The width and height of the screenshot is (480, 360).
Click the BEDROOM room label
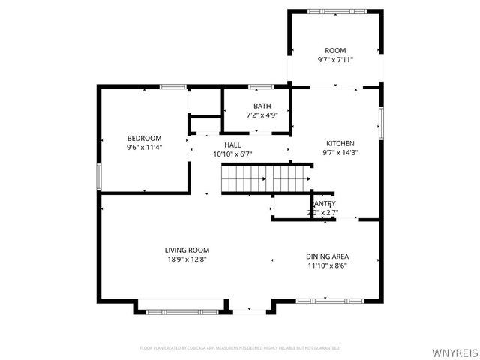coord(144,138)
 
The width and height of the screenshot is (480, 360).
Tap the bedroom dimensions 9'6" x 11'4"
coord(144,148)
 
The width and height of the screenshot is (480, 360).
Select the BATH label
coord(262,106)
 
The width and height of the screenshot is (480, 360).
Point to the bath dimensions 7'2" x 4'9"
coord(262,115)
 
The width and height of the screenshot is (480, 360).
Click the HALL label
coord(232,144)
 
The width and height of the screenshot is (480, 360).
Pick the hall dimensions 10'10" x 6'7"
coord(232,154)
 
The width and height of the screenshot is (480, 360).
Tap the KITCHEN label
coord(340,143)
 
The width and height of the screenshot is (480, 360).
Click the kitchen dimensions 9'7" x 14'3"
coord(340,153)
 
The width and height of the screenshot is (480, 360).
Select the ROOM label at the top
coord(335,50)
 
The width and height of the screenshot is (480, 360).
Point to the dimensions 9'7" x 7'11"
coord(335,60)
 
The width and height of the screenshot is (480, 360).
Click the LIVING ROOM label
coord(187,250)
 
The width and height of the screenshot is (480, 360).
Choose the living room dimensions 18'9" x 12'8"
coord(187,259)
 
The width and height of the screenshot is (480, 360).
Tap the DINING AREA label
coord(327,256)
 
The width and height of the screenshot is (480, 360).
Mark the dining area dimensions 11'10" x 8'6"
coord(327,265)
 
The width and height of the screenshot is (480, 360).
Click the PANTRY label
coord(324,203)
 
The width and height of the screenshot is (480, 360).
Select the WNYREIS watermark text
coord(454,352)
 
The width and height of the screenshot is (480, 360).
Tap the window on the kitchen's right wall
coord(380,123)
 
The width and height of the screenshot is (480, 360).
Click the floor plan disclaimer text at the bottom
coord(240,348)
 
